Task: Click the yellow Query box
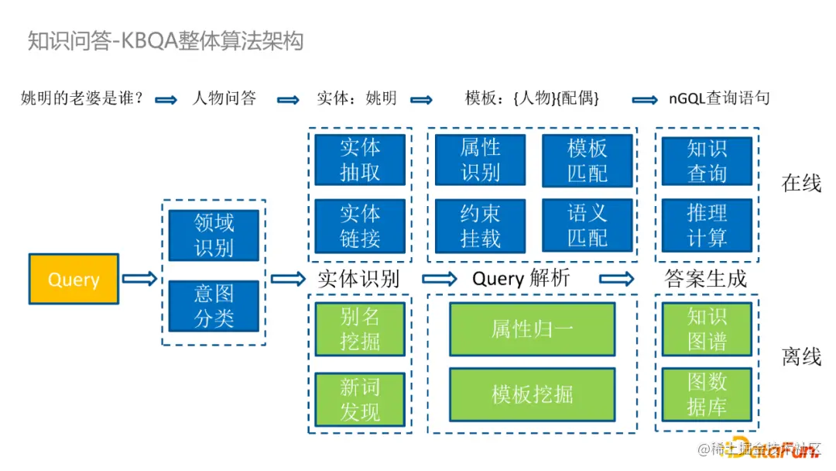click(74, 279)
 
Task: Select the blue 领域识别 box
click(214, 235)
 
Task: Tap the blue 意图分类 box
click(214, 305)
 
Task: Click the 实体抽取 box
click(360, 160)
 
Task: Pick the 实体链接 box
click(360, 225)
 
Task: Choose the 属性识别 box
click(480, 160)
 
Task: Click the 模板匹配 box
click(588, 160)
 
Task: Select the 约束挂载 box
click(480, 225)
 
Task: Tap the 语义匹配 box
click(588, 225)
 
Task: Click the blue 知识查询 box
click(707, 160)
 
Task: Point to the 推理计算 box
click(707, 225)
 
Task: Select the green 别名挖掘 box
click(360, 328)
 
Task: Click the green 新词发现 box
click(360, 399)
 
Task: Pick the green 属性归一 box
click(533, 328)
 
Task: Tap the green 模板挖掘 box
click(533, 394)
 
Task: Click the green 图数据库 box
click(707, 394)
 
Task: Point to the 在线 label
click(801, 184)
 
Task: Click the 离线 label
click(801, 356)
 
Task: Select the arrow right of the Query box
click(139, 279)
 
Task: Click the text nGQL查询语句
click(719, 98)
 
